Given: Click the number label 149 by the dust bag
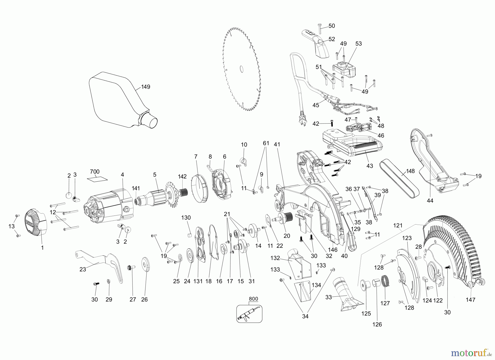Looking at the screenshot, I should click(145, 87).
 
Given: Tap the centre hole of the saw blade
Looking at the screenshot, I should click(241, 69).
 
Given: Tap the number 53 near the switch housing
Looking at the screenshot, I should click(359, 43).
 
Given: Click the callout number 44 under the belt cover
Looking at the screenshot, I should click(430, 201).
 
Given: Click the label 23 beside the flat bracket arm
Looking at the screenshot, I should click(83, 269).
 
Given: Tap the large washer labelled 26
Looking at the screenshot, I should click(145, 265).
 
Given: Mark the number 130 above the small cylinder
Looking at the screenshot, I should click(186, 218).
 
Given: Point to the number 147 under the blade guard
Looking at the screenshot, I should click(471, 300).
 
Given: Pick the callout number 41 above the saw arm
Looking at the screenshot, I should click(277, 144).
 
